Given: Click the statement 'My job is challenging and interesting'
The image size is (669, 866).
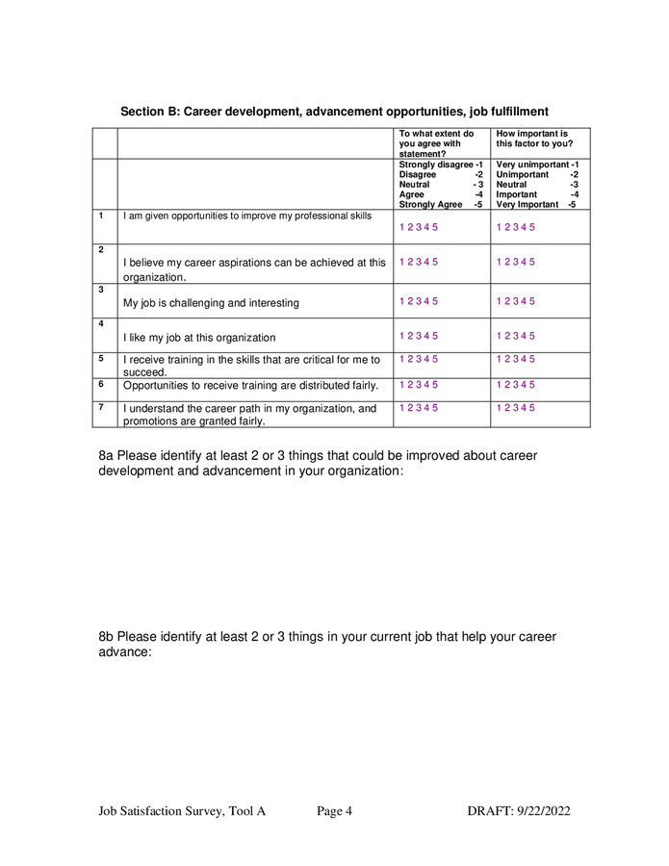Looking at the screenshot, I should [x=211, y=303].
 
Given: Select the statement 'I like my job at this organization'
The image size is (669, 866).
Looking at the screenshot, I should [x=199, y=338].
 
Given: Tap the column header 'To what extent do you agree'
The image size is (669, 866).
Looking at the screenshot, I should [x=437, y=143].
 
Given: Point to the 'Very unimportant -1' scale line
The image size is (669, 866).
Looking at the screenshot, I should [x=537, y=165].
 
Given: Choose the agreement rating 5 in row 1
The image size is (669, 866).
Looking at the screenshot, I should [x=435, y=227].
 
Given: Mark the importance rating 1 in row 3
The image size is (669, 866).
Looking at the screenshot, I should [x=499, y=301].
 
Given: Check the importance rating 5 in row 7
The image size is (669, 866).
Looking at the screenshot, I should [x=532, y=408].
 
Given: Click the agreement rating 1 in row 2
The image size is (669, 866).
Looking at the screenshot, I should [x=401, y=262].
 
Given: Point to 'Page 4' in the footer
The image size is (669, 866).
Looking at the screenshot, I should [x=334, y=811].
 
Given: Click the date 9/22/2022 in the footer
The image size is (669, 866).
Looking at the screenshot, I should [x=539, y=811].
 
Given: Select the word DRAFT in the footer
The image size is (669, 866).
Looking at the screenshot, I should [x=486, y=811].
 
